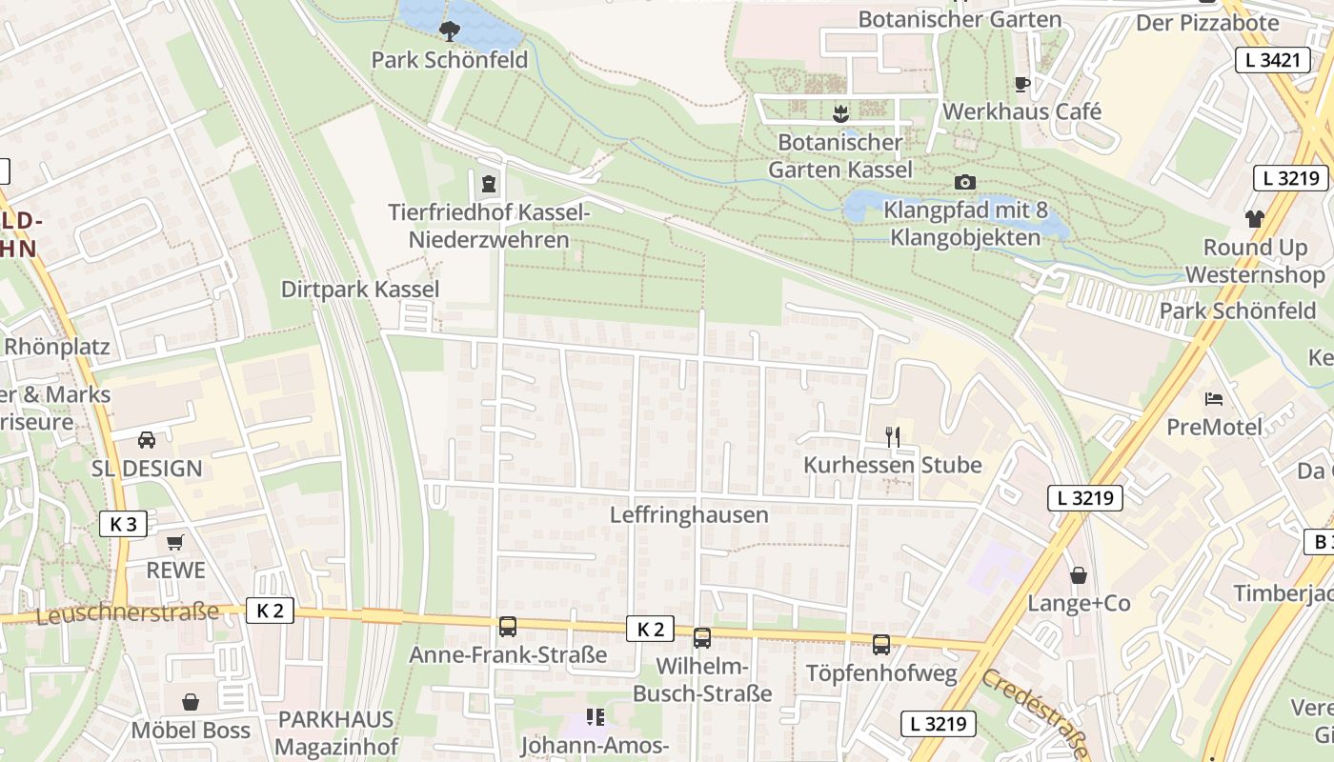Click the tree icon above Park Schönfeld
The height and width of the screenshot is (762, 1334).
click(x=449, y=31)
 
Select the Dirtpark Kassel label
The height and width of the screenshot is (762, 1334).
click(x=360, y=290)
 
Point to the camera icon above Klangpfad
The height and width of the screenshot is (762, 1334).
click(x=964, y=182)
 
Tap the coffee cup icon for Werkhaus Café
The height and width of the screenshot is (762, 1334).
click(x=1022, y=84)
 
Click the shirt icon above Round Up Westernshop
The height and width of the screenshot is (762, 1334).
click(x=1254, y=219)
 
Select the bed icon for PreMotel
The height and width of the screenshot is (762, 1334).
click(x=1213, y=398)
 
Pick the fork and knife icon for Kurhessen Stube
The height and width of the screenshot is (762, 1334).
click(x=893, y=437)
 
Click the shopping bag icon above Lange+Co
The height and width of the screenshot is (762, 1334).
click(x=1079, y=575)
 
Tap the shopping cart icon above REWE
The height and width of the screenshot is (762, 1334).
click(x=174, y=542)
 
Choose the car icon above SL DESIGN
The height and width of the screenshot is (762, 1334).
click(x=147, y=439)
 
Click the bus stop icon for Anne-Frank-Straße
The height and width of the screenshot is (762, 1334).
click(x=507, y=627)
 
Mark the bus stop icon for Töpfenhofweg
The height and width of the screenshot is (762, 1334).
click(x=881, y=645)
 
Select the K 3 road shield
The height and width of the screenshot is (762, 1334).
click(x=123, y=523)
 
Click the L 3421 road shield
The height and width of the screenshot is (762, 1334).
click(x=1272, y=60)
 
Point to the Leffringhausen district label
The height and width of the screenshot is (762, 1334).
click(x=689, y=515)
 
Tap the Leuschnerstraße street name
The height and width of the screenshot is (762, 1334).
click(x=127, y=613)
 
